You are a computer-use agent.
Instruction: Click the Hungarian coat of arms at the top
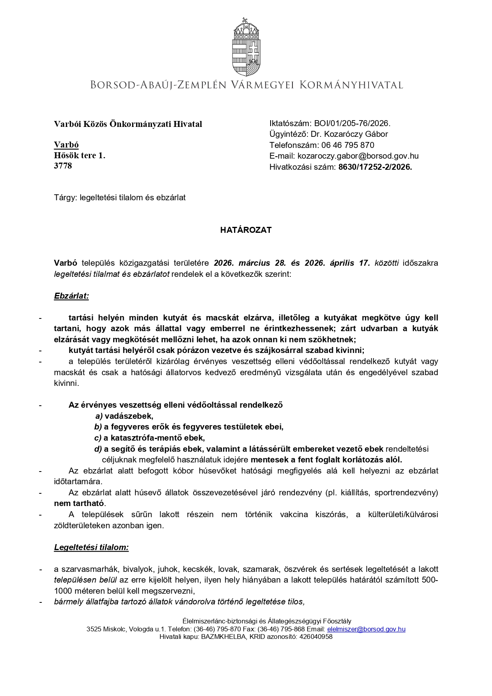tap(246, 47)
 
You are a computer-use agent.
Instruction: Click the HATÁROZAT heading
tap(246, 230)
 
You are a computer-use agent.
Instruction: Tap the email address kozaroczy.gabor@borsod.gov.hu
tap(358, 156)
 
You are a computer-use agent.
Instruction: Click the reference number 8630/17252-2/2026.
tap(375, 167)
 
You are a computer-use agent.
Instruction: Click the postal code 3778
tap(63, 166)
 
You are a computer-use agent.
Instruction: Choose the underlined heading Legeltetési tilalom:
tap(92, 547)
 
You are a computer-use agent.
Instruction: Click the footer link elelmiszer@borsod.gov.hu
tap(366, 629)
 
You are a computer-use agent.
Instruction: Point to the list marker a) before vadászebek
tap(99, 416)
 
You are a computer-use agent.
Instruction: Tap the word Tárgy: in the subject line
tap(65, 197)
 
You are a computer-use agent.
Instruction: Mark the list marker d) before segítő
tap(98, 449)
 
